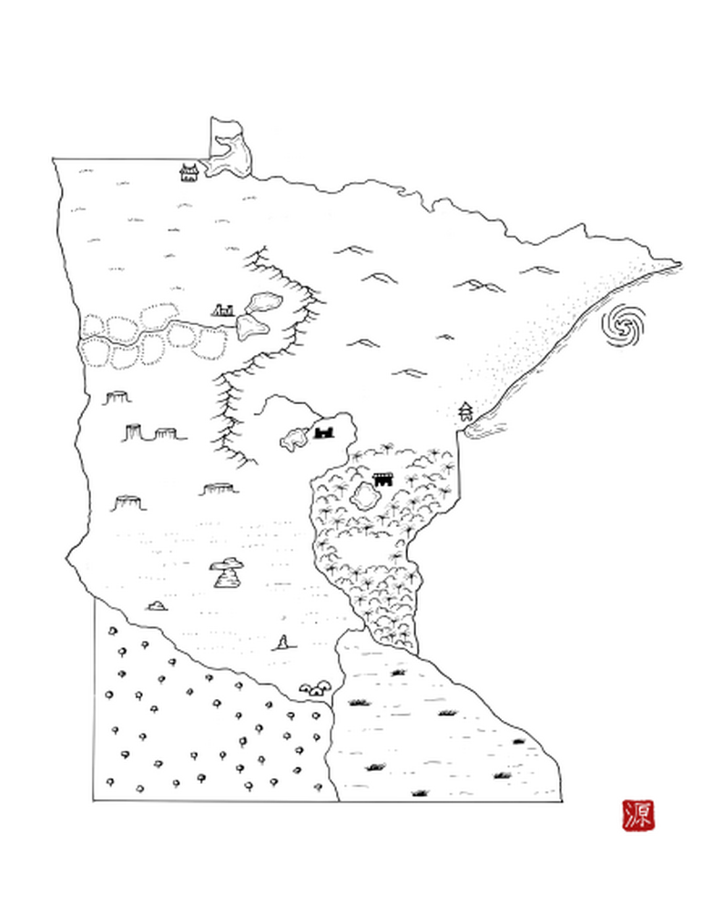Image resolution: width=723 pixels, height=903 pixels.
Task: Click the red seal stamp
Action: click(x=637, y=814)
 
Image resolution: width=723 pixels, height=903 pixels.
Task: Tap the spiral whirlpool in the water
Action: click(x=626, y=324)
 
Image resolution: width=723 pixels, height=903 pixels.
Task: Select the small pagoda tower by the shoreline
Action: click(x=465, y=411)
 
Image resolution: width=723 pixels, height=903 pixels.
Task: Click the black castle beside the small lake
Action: click(x=324, y=431)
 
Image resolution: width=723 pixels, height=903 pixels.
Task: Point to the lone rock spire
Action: click(x=283, y=643)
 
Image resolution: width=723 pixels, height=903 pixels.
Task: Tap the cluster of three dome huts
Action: click(x=316, y=688)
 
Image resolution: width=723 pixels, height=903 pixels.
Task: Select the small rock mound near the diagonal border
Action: click(x=157, y=605)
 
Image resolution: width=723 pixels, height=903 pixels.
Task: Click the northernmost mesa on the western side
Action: click(x=117, y=398)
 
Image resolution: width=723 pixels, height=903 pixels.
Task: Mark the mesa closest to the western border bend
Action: click(x=128, y=502)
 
